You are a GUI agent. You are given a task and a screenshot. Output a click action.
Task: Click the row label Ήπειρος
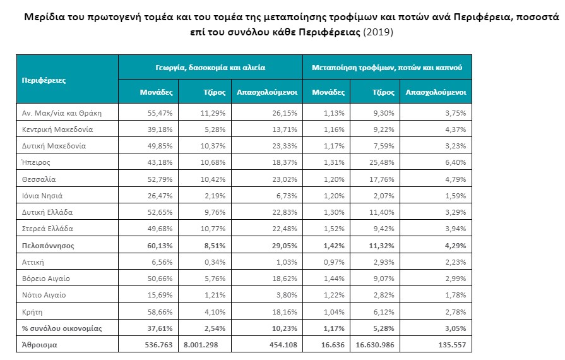pyautogui.click(x=37, y=162)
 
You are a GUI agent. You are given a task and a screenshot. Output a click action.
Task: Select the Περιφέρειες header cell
pyautogui.click(x=44, y=80)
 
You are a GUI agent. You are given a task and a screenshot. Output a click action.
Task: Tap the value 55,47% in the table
pyautogui.click(x=160, y=113)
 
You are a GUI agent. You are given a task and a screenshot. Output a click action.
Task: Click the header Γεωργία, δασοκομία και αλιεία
pyautogui.click(x=210, y=66)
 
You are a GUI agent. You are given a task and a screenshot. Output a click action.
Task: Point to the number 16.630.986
pyautogui.click(x=371, y=345)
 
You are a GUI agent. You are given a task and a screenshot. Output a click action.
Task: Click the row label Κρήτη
pyautogui.click(x=32, y=311)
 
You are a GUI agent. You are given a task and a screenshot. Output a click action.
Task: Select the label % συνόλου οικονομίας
pyautogui.click(x=62, y=328)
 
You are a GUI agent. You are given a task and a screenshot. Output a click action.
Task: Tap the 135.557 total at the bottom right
pyautogui.click(x=451, y=345)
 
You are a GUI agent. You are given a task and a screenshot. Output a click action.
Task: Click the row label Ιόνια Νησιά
pyautogui.click(x=42, y=196)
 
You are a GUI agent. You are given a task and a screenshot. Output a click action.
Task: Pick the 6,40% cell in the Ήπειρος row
pyautogui.click(x=455, y=162)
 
